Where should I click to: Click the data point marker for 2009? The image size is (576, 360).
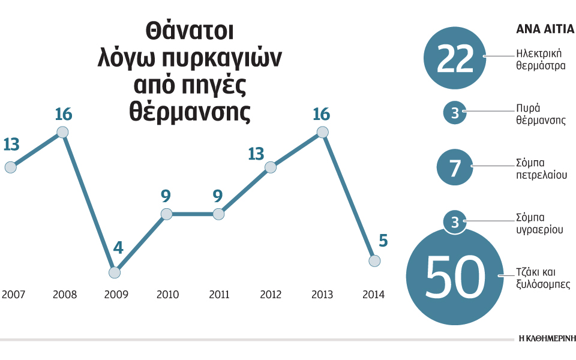[x=115, y=272]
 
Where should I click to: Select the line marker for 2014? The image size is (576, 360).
[x=374, y=260]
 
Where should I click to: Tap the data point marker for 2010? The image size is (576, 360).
[x=166, y=214]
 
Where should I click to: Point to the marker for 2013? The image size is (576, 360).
[x=323, y=132]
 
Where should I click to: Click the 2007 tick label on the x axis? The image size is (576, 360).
[x=13, y=295]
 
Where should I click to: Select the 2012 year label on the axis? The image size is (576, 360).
[x=271, y=295]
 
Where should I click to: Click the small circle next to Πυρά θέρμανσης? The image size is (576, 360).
[x=454, y=113]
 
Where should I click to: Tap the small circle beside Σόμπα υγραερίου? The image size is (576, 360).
[x=454, y=223]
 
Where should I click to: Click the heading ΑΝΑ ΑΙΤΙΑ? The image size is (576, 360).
[x=542, y=29]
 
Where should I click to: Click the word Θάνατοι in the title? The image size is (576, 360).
[x=190, y=32]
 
